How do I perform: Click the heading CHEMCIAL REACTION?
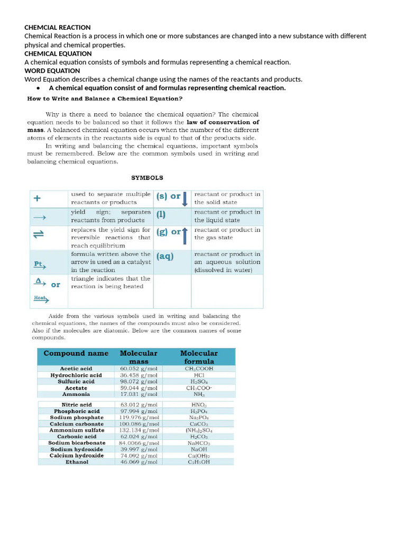[x=58, y=28]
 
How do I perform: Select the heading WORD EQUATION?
[x=52, y=71]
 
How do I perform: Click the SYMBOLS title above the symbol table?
[x=147, y=178]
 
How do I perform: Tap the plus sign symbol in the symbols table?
[x=37, y=199]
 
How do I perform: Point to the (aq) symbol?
[x=165, y=257]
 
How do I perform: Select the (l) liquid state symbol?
[x=161, y=214]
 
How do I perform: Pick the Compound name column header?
[x=76, y=353]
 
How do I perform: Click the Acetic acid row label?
[x=76, y=369]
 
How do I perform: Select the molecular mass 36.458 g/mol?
[x=139, y=375]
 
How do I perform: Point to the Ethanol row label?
[x=77, y=462]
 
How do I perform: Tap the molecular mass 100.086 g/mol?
[x=139, y=424]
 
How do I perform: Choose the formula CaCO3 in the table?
[x=199, y=424]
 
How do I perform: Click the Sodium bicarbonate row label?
[x=77, y=443]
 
